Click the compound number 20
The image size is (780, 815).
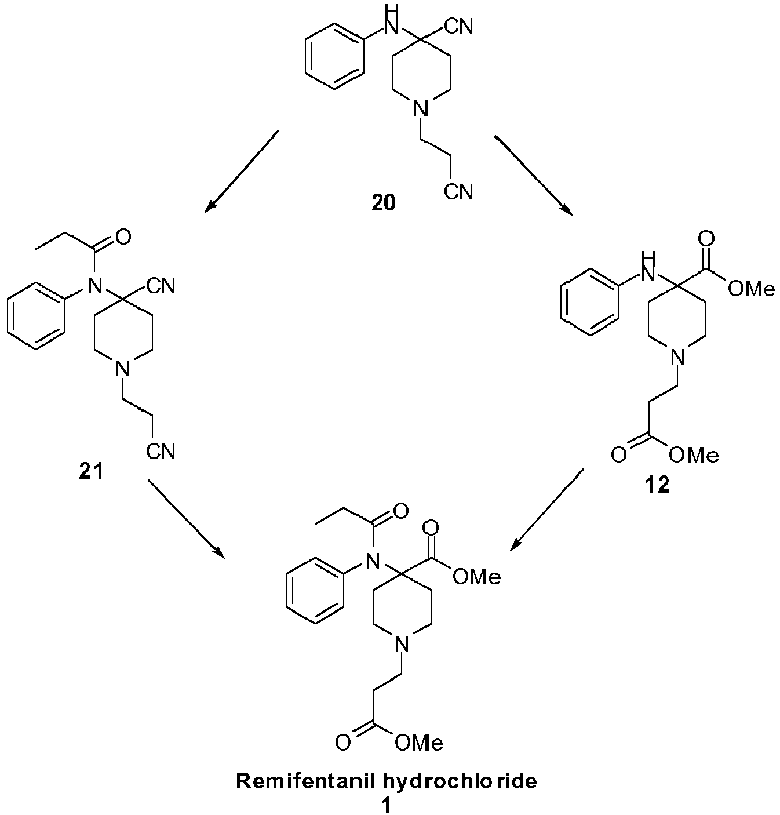[x=384, y=203]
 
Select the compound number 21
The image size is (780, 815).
[x=91, y=472]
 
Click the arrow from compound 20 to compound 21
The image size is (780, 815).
[x=242, y=172]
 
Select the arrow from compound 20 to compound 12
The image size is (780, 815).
[x=534, y=176]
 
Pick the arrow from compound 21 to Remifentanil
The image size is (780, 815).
[x=187, y=519]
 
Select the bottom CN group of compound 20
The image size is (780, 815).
[x=458, y=192]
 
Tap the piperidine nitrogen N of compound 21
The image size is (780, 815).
[x=122, y=369]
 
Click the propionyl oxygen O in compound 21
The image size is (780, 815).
[x=123, y=237]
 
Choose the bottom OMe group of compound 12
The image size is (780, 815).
[x=693, y=454]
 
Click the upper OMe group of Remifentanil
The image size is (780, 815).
[x=477, y=577]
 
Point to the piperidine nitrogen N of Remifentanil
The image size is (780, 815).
[x=402, y=643]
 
